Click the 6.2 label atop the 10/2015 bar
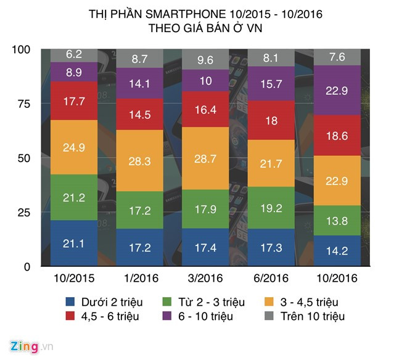point(73,54)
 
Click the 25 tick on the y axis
point(22,213)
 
